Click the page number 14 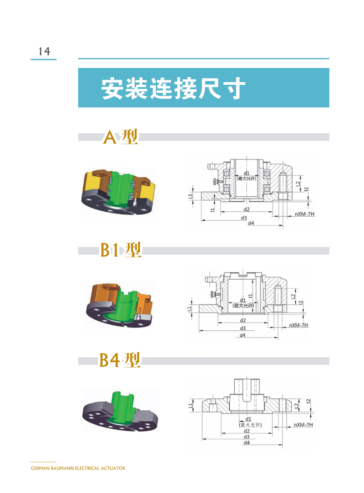point(44,51)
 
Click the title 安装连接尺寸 point(173,88)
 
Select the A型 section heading point(120,137)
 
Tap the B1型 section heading point(121,250)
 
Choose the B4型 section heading point(120,360)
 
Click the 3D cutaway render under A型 point(119,192)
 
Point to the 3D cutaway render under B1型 point(119,305)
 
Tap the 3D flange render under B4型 point(120,411)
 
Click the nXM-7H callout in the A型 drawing point(304,214)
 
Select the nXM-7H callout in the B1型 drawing point(298,325)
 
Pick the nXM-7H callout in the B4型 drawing point(303,425)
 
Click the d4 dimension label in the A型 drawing point(251,223)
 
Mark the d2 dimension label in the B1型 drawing point(243,320)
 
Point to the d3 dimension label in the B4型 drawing point(247,437)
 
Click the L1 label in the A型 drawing point(191,196)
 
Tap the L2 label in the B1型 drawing point(293,297)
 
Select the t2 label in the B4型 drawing point(308,401)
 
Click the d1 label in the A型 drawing point(247,173)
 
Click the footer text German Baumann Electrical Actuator point(78,468)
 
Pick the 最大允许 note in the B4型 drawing point(250,425)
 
